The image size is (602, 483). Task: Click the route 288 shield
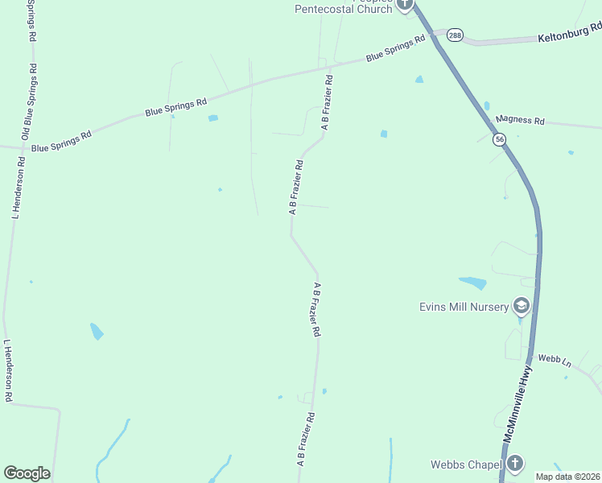pos(456,35)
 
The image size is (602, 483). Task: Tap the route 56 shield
pos(500,139)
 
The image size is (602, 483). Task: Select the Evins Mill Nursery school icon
pos(521,306)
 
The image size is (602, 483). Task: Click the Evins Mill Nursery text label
pos(464,307)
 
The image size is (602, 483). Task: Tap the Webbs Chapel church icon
pos(514,464)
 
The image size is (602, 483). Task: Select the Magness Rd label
pos(520,120)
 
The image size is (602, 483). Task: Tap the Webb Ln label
pos(555,360)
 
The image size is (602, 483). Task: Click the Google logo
pos(27,473)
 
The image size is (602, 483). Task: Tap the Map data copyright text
pos(567,477)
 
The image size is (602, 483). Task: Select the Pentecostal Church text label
pos(343,9)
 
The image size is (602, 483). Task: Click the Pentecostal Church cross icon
pos(404,4)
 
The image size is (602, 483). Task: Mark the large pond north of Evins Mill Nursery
pos(473,283)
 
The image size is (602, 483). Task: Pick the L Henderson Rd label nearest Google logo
pos(8,370)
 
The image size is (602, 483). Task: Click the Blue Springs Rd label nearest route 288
pos(395,50)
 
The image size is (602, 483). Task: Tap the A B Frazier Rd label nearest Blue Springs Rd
pos(327,104)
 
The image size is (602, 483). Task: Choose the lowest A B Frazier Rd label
pos(306,440)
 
